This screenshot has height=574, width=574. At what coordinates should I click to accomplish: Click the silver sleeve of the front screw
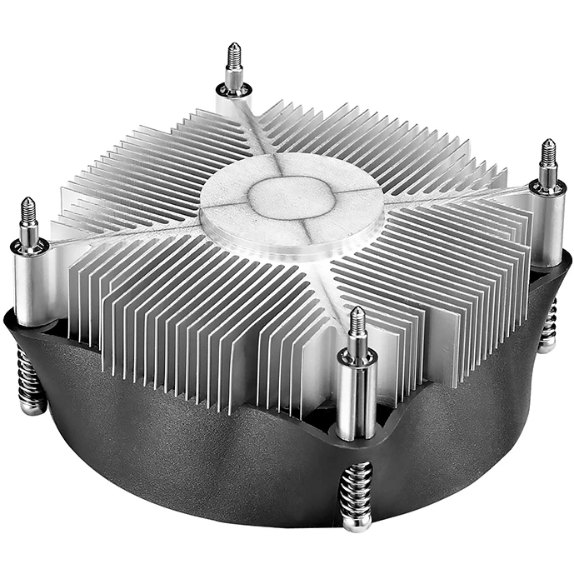(357, 392)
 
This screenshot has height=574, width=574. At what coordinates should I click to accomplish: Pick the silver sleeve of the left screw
(31, 283)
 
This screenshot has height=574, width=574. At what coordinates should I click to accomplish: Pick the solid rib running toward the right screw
(442, 196)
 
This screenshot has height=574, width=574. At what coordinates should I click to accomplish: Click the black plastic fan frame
(208, 450)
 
